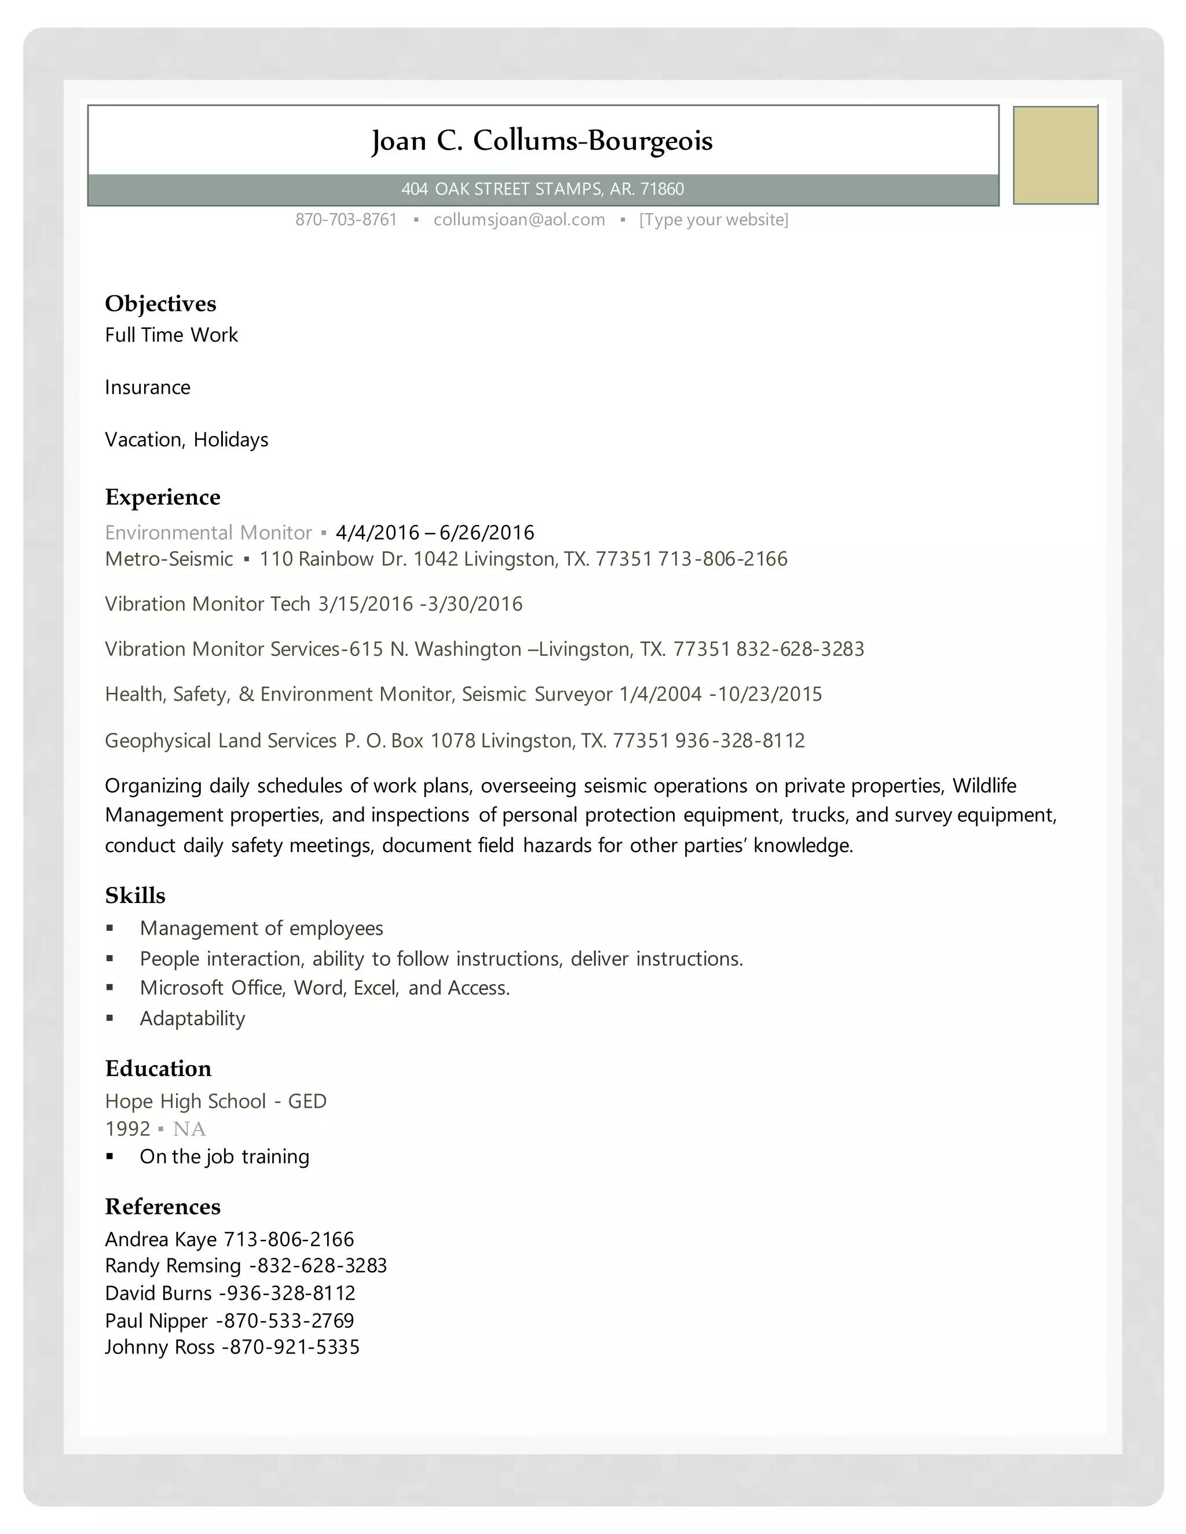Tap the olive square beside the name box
tap(1055, 155)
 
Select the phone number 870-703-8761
tap(346, 220)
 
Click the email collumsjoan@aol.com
tap(519, 220)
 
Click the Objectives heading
tap(160, 303)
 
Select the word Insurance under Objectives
tap(148, 388)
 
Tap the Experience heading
tap(162, 497)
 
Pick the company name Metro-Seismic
tap(169, 559)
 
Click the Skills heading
tap(135, 896)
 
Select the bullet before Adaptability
tap(109, 1018)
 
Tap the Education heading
tap(158, 1069)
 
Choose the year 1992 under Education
tap(127, 1129)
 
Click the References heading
tap(162, 1207)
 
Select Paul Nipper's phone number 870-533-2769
tap(289, 1320)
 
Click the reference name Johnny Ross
tap(159, 1347)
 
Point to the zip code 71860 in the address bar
tap(662, 189)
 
